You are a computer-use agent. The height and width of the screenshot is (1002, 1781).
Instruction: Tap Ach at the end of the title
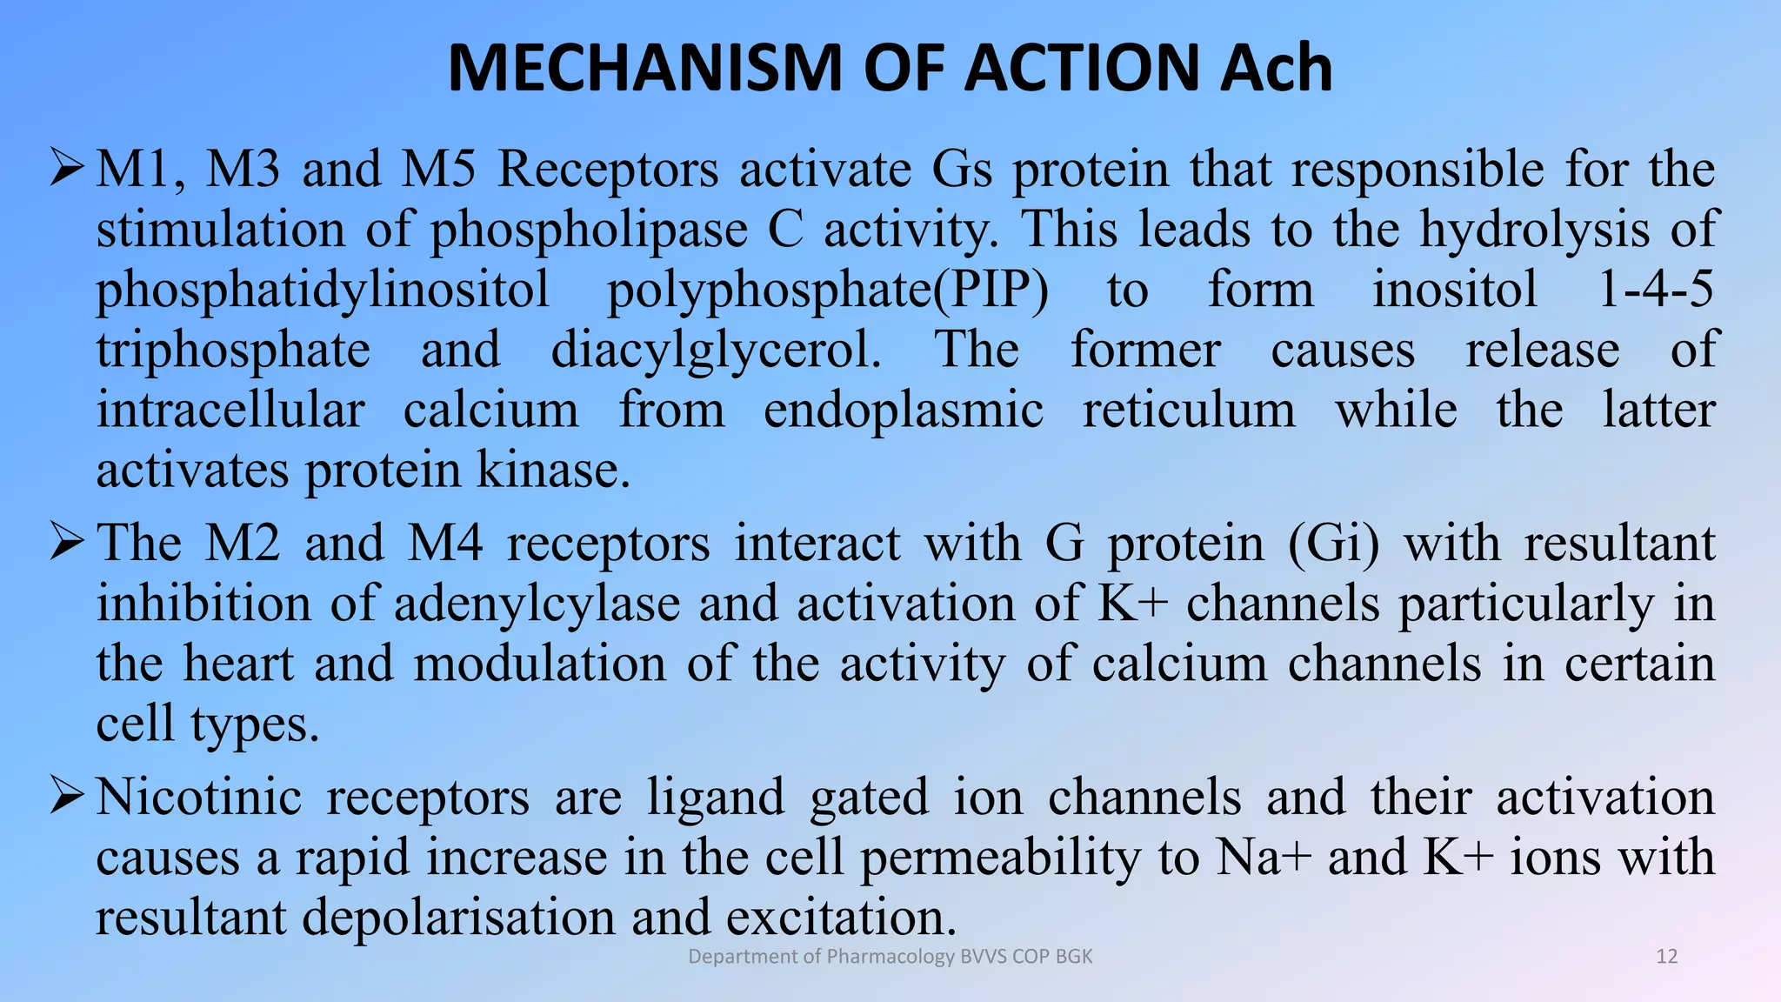click(x=1276, y=68)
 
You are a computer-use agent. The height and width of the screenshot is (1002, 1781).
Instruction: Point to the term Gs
click(x=962, y=169)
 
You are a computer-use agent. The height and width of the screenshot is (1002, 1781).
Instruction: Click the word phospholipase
click(x=589, y=230)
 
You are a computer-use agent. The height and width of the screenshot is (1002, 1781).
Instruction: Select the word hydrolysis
click(x=1535, y=230)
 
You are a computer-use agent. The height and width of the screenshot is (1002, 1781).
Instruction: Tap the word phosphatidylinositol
click(x=323, y=291)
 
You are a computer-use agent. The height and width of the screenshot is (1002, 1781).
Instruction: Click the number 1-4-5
click(x=1656, y=289)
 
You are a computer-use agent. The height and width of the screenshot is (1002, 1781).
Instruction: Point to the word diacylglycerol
click(x=717, y=351)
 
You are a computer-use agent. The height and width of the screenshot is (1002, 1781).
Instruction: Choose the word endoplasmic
click(x=904, y=410)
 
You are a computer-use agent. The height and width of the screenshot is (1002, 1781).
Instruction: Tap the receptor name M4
click(x=445, y=543)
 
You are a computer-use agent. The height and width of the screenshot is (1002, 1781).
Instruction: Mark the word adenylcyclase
click(x=537, y=604)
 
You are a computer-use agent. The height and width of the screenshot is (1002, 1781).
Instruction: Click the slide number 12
click(x=1666, y=957)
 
